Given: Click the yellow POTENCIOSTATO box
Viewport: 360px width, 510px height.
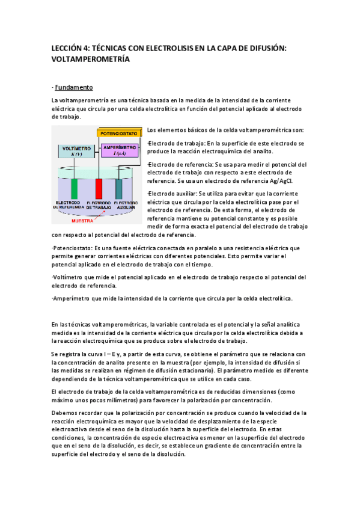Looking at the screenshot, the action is tap(119, 132).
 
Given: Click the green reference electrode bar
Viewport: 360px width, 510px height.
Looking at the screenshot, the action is tap(75, 188).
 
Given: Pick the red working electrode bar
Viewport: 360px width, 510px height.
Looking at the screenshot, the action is tap(99, 188).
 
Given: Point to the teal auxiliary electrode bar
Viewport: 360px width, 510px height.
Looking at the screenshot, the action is tap(118, 188).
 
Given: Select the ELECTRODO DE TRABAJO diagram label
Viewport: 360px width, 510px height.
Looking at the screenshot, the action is tap(98, 204).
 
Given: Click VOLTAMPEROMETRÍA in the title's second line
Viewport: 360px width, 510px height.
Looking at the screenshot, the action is tap(91, 60).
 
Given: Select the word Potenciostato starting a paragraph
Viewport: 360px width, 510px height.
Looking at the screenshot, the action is tap(74, 248).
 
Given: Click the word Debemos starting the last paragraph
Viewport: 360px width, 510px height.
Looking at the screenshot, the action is tap(66, 413).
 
